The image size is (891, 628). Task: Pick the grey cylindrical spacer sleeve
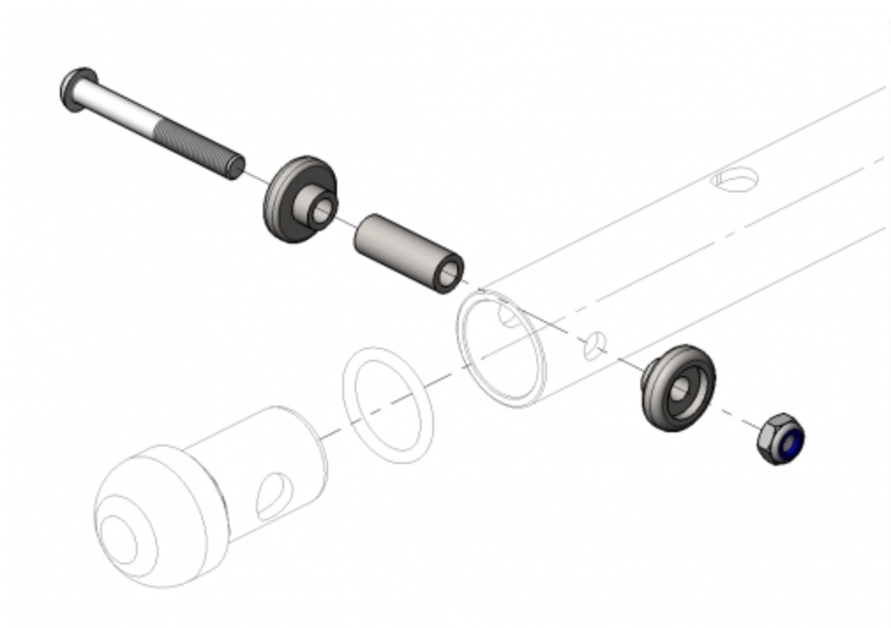[x=401, y=249]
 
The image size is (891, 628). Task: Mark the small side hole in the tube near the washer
[x=596, y=346]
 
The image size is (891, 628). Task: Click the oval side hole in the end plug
[x=272, y=496]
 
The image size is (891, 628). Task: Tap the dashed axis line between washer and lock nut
[x=737, y=416]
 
